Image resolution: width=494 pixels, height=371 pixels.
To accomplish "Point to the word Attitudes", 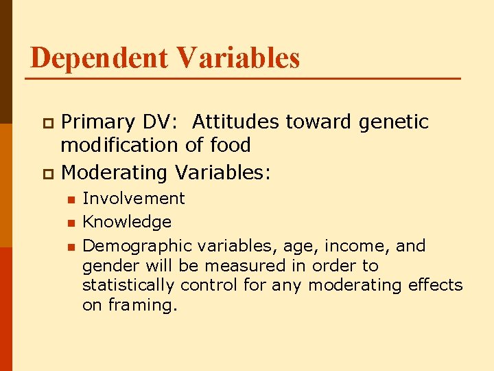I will click(235, 122).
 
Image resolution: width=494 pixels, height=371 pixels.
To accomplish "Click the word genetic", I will click(394, 122).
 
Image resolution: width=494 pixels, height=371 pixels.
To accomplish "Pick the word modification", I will click(120, 146).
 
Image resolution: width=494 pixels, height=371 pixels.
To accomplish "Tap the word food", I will click(231, 146).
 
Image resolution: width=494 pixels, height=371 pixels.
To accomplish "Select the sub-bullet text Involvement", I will click(134, 199).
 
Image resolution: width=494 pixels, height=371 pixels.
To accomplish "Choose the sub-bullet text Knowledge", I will click(127, 222).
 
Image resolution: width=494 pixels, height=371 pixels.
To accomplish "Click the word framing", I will click(141, 305).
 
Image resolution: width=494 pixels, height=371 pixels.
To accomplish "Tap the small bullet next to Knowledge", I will click(70, 223).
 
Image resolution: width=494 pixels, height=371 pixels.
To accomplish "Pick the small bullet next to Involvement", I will click(70, 199).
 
